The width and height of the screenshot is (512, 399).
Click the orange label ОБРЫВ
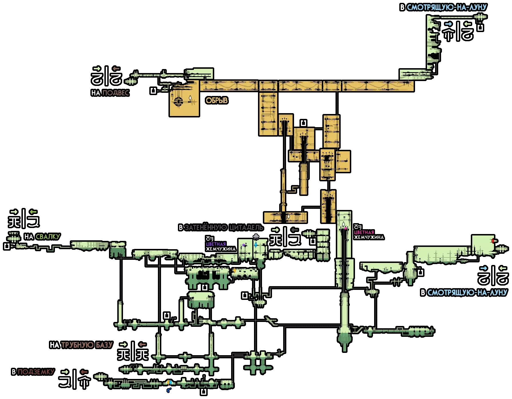[217, 101]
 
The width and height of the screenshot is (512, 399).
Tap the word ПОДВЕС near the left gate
[116, 93]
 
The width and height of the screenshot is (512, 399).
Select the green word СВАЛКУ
[48, 237]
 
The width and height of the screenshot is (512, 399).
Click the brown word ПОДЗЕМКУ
[36, 372]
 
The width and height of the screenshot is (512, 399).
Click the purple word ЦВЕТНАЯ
[216, 244]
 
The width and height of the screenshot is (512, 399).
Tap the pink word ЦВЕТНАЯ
[364, 232]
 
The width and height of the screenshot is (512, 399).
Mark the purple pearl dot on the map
[243, 245]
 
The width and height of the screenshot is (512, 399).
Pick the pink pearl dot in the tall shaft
[346, 228]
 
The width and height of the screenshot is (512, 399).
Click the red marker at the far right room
[493, 241]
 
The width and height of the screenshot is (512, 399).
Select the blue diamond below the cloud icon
[256, 245]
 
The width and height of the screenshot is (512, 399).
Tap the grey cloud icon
[256, 237]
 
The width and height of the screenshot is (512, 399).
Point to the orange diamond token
[235, 270]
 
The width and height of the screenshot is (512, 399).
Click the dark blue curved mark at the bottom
[169, 390]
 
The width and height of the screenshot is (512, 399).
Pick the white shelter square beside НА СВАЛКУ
[7, 246]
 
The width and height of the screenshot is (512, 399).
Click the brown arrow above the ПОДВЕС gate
[116, 69]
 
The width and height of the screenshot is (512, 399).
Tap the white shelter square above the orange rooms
[303, 123]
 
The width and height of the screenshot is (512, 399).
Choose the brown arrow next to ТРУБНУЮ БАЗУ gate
[142, 344]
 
